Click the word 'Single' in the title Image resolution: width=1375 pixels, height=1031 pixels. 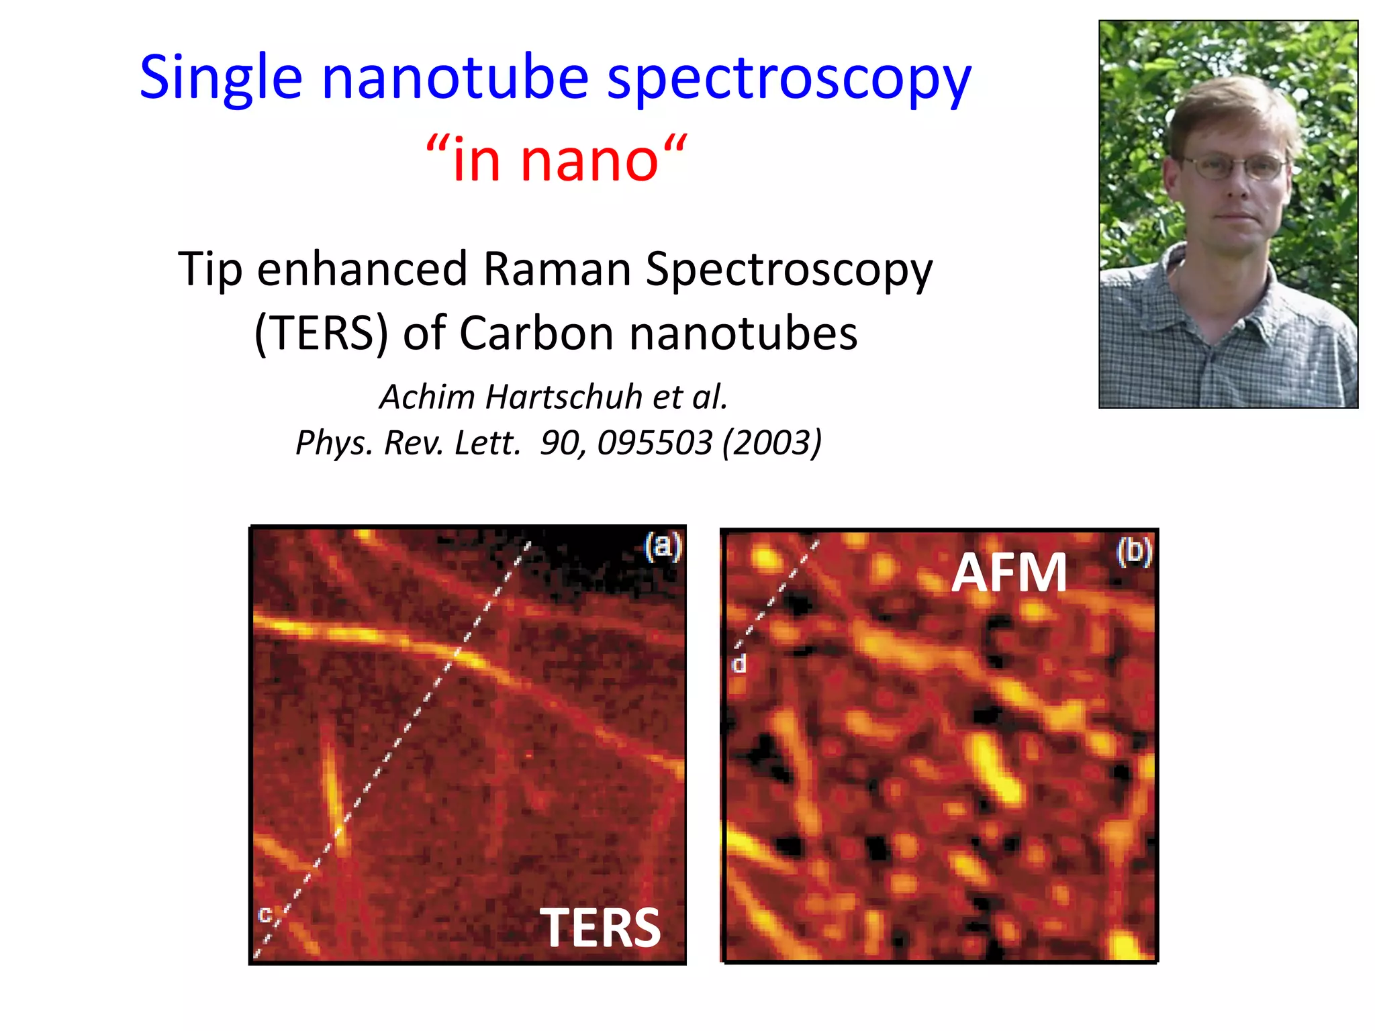point(221,79)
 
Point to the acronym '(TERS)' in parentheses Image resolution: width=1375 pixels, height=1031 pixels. point(322,333)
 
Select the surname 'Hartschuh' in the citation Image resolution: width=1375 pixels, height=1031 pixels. point(563,397)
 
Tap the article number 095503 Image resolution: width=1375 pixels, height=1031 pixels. point(655,442)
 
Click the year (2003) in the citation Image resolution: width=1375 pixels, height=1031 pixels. point(771,442)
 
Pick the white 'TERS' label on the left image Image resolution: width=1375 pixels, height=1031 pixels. point(600,928)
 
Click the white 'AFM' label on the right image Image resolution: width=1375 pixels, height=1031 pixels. point(1009,573)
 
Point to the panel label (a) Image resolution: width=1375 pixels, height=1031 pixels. point(663,546)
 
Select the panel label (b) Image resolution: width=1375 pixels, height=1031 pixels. point(1134,552)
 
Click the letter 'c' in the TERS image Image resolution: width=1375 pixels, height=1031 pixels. point(265,914)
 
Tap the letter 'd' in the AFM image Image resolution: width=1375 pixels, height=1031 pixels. point(739,664)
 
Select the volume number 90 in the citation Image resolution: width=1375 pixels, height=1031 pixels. point(557,442)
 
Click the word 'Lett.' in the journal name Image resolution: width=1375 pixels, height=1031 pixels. point(487,442)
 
